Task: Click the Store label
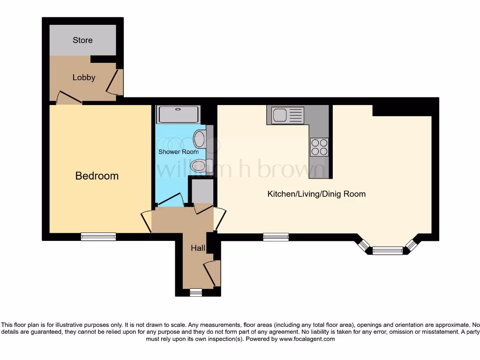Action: tap(82, 40)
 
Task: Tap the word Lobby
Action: tap(84, 78)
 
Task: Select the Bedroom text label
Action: tap(97, 176)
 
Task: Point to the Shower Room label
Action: tap(178, 152)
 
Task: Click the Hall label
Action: tap(197, 248)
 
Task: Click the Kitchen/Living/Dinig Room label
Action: tap(316, 194)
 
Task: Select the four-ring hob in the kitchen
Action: tap(319, 147)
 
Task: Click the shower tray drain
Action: tap(178, 110)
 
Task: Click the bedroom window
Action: tap(98, 237)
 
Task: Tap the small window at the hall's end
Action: tap(196, 292)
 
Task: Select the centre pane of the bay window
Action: tap(387, 250)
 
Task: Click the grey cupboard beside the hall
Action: tap(202, 190)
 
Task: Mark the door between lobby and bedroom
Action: tap(69, 98)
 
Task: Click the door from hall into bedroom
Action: tap(146, 221)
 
